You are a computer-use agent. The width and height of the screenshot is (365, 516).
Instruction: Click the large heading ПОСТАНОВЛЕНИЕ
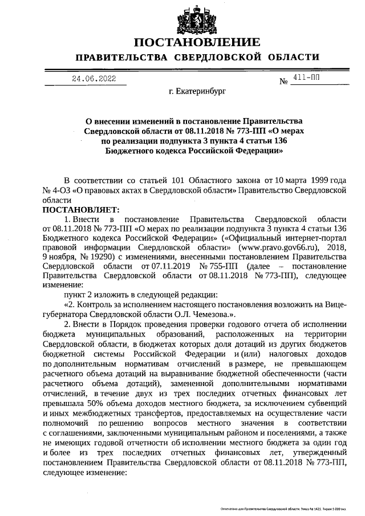coord(197,43)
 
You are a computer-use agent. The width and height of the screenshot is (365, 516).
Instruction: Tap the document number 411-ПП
coord(307,79)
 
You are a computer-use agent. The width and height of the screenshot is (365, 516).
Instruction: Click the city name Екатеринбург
coord(197,91)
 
